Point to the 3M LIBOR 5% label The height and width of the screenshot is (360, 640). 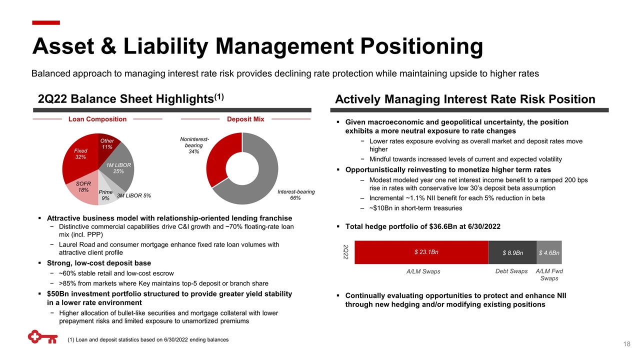[x=134, y=195]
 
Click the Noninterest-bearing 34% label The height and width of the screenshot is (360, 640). [x=194, y=145]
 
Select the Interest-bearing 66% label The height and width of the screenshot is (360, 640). [x=296, y=195]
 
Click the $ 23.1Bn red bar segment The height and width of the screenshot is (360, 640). [x=421, y=252]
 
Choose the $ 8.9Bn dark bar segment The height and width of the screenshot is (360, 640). [x=512, y=252]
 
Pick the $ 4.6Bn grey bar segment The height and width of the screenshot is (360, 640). [x=549, y=252]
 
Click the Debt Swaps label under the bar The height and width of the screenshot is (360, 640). [x=511, y=271]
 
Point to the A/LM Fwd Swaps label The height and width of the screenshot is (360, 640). [x=549, y=274]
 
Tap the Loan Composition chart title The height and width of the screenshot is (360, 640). [x=97, y=119]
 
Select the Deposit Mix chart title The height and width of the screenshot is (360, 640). [x=245, y=119]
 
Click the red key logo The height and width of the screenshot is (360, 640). [x=43, y=337]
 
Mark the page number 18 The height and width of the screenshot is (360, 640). [x=626, y=344]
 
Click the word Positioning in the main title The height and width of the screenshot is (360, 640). [x=421, y=47]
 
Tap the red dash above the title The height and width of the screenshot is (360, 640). [x=46, y=23]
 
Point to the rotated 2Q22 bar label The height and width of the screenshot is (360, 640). [x=345, y=252]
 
